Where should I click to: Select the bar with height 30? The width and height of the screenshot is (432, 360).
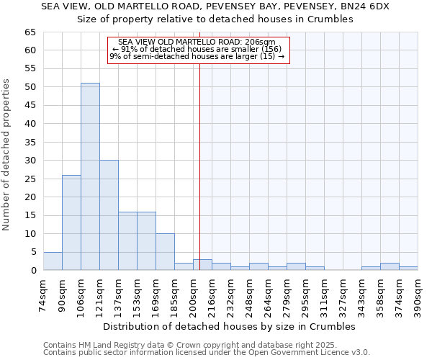[109, 215]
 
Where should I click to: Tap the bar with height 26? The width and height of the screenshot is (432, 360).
[71, 222]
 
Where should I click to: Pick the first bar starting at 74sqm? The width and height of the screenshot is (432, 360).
[53, 261]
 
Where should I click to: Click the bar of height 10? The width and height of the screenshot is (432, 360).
[165, 252]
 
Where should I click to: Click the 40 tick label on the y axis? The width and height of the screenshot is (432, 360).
[30, 124]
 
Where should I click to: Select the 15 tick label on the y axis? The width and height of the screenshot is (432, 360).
[30, 215]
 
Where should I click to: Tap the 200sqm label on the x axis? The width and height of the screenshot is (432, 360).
[194, 293]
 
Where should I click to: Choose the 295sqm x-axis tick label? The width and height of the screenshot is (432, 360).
[306, 293]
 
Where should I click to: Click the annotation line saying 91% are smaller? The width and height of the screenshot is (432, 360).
[198, 49]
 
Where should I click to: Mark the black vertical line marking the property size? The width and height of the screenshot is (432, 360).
[199, 166]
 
